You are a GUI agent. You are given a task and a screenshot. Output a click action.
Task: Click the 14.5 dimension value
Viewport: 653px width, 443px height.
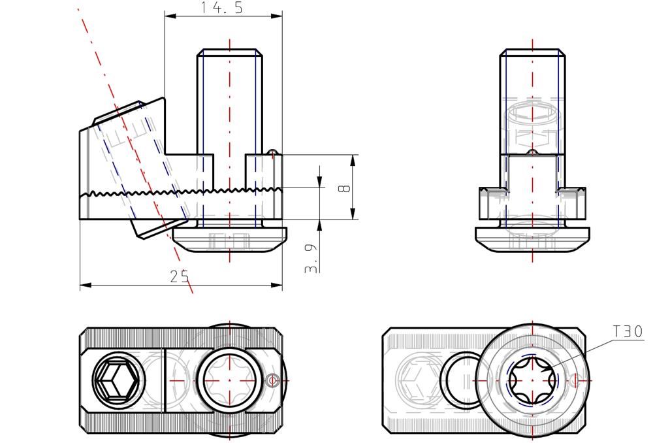[221, 7]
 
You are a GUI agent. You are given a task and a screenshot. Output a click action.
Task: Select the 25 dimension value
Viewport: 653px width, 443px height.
[180, 276]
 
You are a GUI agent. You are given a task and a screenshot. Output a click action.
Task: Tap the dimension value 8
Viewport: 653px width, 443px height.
[344, 189]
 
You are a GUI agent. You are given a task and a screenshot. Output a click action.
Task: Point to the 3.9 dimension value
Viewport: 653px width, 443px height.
[311, 258]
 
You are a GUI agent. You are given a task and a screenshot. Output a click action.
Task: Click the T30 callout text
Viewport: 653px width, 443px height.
[628, 332]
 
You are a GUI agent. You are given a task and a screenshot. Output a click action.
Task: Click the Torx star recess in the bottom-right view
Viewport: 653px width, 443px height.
[533, 380]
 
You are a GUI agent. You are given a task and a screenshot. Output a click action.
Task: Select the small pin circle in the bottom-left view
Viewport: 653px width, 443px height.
[273, 380]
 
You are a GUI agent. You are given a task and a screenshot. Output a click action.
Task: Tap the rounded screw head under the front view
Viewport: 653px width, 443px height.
[231, 239]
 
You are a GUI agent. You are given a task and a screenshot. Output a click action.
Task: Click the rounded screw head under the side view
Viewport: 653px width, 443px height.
[533, 239]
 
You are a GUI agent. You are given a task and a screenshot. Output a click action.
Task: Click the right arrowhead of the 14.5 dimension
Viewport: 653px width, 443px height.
[276, 16]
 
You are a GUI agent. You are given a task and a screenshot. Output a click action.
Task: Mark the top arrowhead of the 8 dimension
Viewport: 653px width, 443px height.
[353, 161]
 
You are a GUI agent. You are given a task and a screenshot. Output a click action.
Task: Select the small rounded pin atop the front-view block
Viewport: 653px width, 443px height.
[272, 151]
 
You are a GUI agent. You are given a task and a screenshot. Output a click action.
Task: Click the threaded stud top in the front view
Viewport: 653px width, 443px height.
[229, 52]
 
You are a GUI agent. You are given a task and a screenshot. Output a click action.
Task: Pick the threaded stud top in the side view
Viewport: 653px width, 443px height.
[533, 52]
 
